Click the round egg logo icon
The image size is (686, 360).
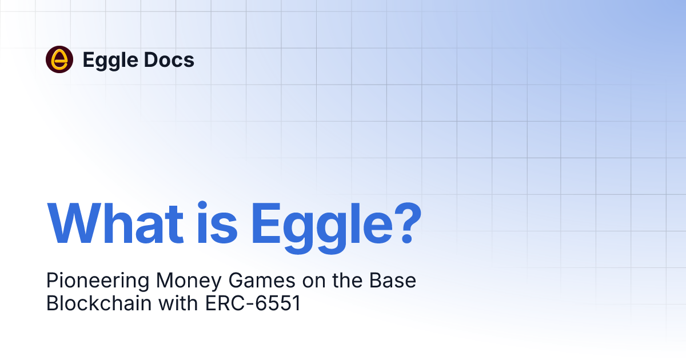[59, 59]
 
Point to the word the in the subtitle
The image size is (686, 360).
[335, 281]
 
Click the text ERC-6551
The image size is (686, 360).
[252, 303]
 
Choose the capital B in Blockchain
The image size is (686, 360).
[52, 303]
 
